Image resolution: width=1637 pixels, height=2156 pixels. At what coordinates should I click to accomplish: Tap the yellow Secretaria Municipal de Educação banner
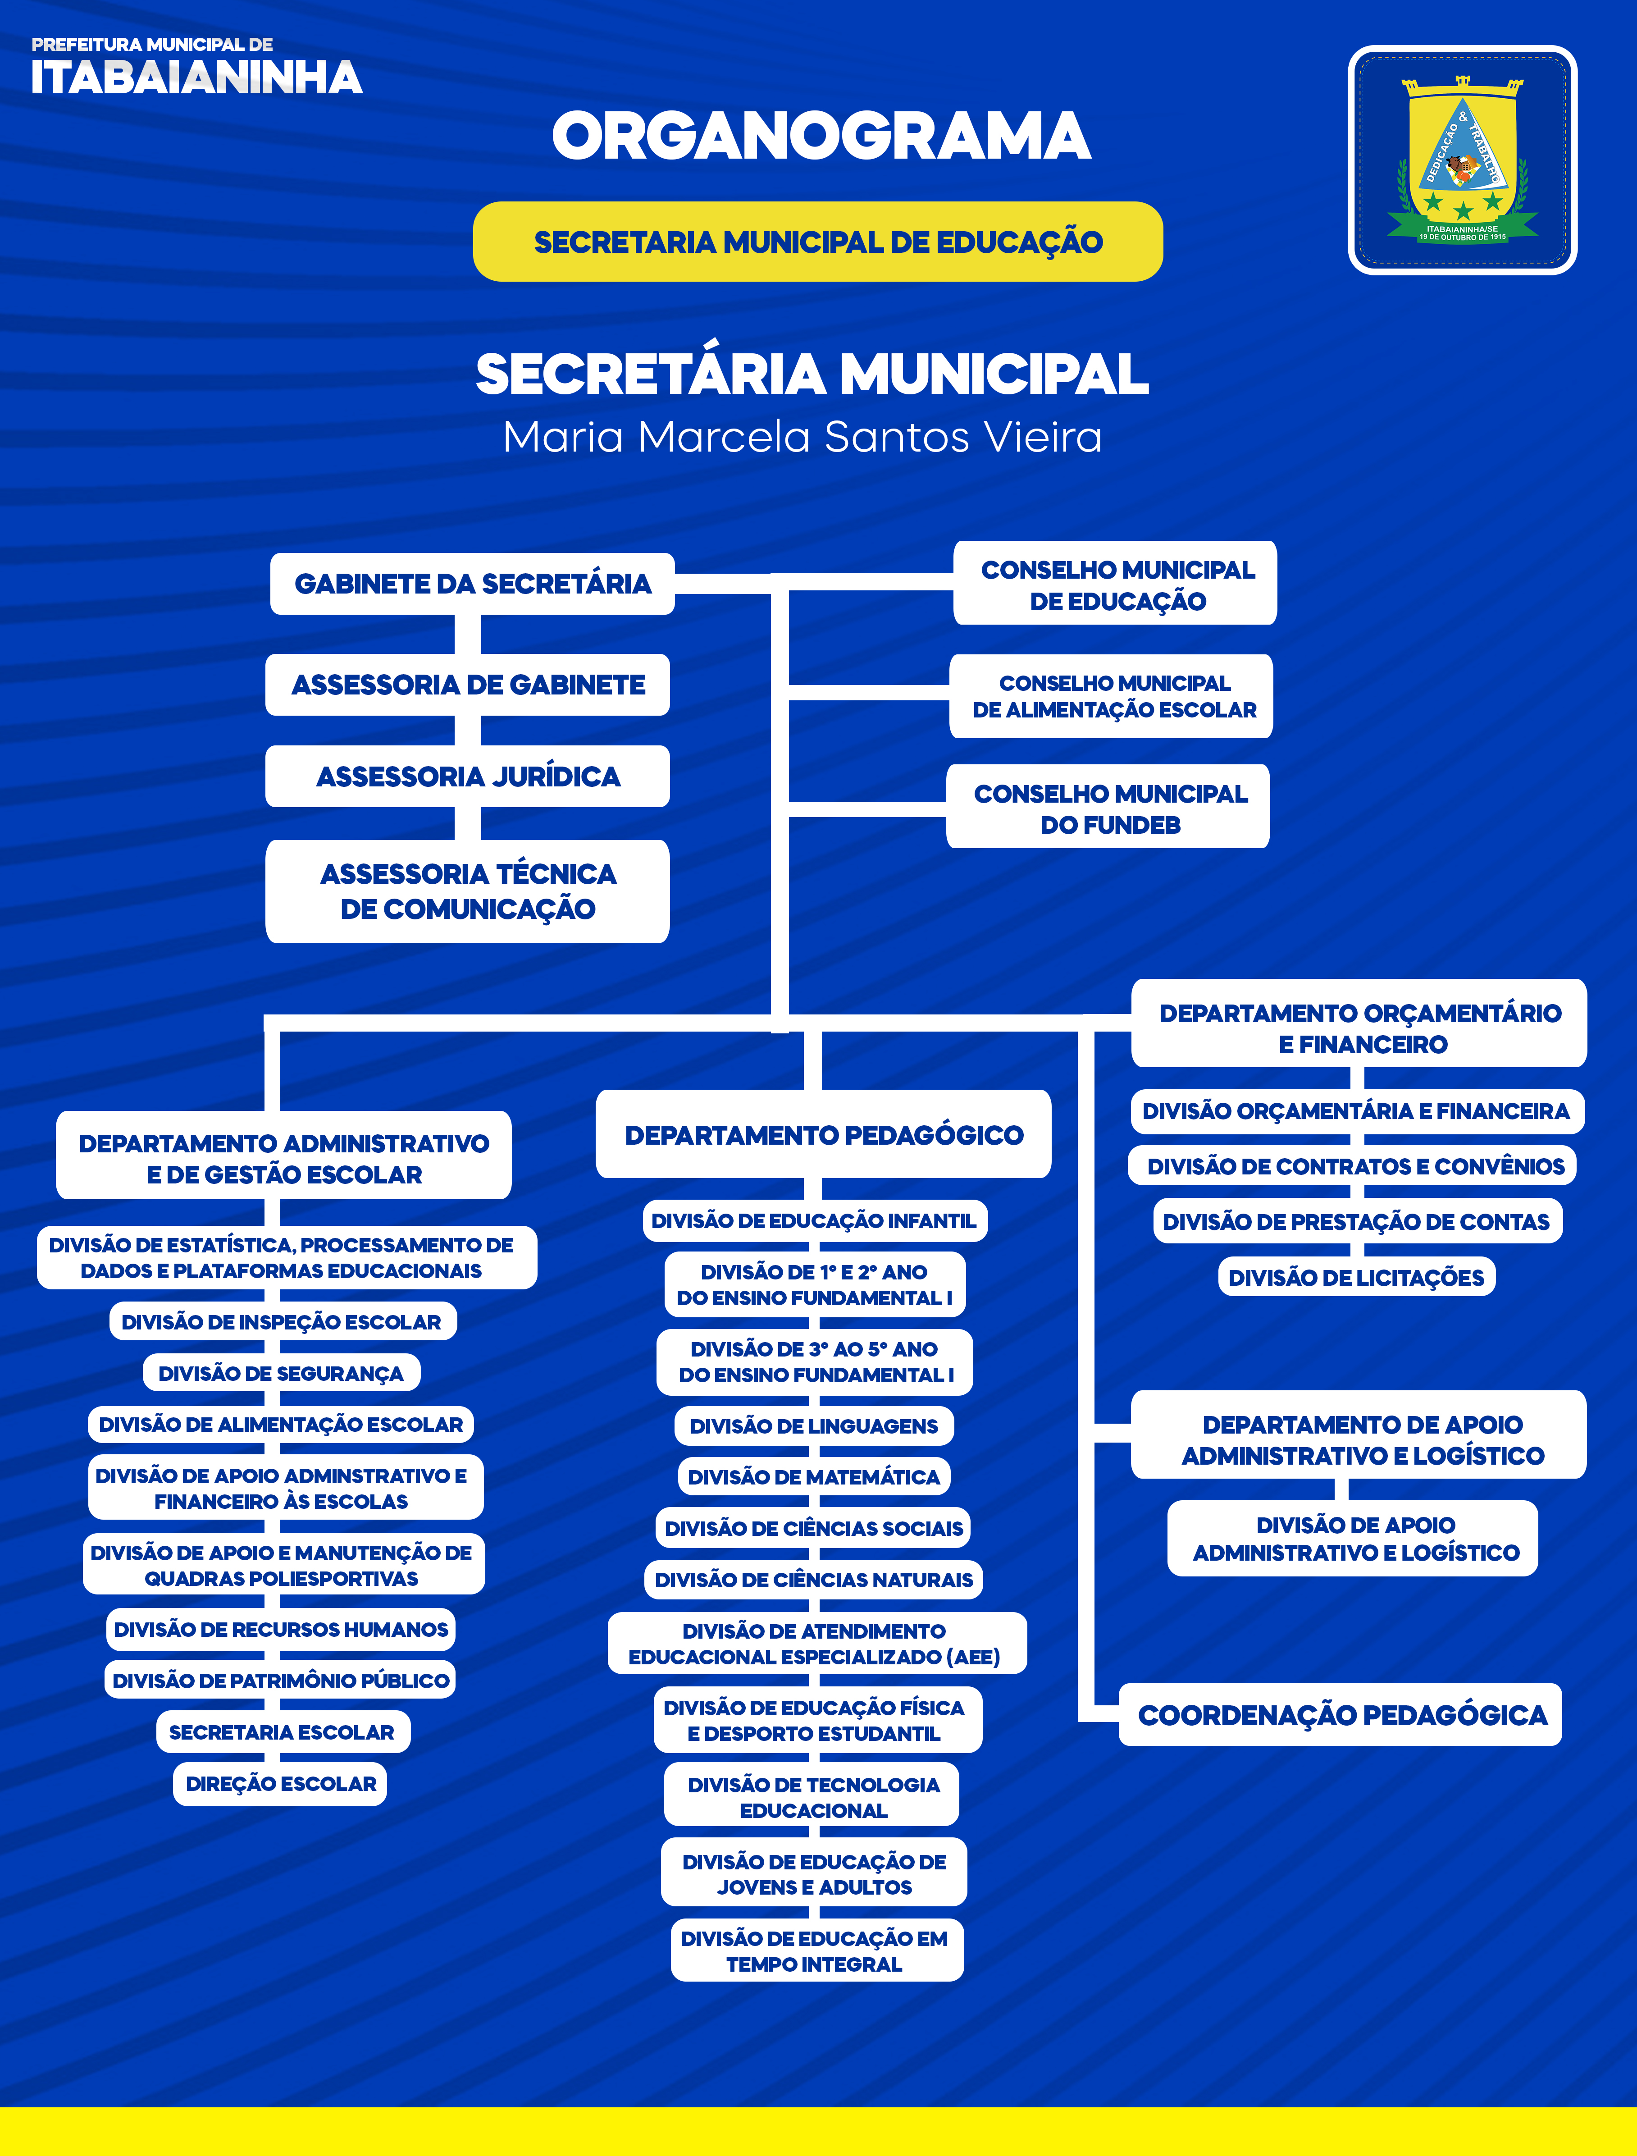coord(817,242)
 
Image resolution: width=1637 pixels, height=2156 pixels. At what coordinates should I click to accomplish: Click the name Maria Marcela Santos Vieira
coord(802,437)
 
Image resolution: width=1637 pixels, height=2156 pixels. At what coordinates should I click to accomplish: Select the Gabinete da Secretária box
coord(473,584)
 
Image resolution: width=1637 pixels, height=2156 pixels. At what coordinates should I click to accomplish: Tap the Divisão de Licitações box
coord(1356,1277)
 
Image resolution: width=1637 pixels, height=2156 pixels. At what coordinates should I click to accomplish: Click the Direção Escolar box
coord(281,1784)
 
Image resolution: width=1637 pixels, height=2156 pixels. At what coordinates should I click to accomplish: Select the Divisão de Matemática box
coord(814,1477)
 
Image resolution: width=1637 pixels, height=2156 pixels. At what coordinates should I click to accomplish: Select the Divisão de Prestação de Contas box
coord(1356,1221)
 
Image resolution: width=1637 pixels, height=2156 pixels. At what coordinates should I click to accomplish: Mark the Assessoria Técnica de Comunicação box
coord(468,891)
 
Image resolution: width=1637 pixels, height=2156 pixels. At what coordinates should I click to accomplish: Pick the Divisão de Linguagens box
coord(814,1426)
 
